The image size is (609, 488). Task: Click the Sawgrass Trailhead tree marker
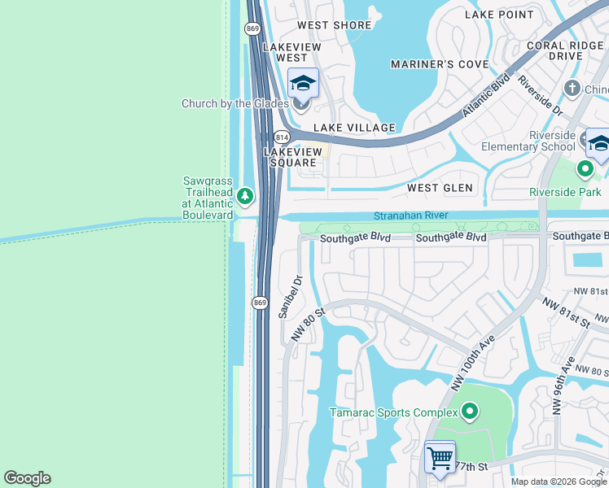coord(245,196)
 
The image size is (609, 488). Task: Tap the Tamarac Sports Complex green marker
coord(469,412)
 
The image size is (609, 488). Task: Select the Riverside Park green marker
coord(585,170)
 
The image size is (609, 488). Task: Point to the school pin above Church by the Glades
coord(303,85)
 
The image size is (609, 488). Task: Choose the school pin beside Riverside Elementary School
coord(598,144)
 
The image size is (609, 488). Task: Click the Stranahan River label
coord(411,216)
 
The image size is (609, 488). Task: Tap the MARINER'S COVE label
coord(439,64)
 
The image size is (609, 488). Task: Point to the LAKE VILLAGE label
coord(354,128)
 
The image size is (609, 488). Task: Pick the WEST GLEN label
coord(440,188)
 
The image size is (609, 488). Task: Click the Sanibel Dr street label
coord(291,296)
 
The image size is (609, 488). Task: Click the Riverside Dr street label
coord(541,94)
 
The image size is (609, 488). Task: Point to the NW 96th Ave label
coord(563,386)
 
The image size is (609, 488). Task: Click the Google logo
coord(27,478)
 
